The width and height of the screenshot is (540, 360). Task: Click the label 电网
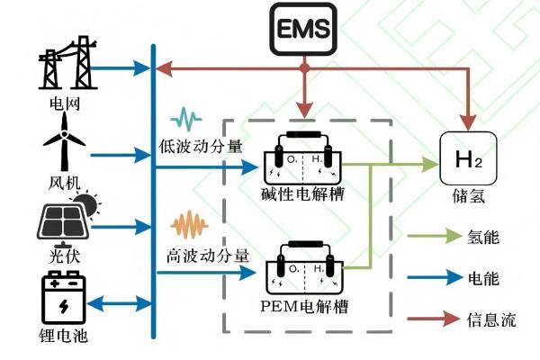click(x=65, y=104)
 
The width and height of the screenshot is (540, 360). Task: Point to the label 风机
click(x=65, y=184)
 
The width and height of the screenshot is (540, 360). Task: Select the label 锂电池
click(x=65, y=339)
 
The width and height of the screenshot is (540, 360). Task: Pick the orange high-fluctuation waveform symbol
click(x=191, y=222)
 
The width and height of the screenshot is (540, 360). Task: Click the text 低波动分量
click(x=201, y=144)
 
